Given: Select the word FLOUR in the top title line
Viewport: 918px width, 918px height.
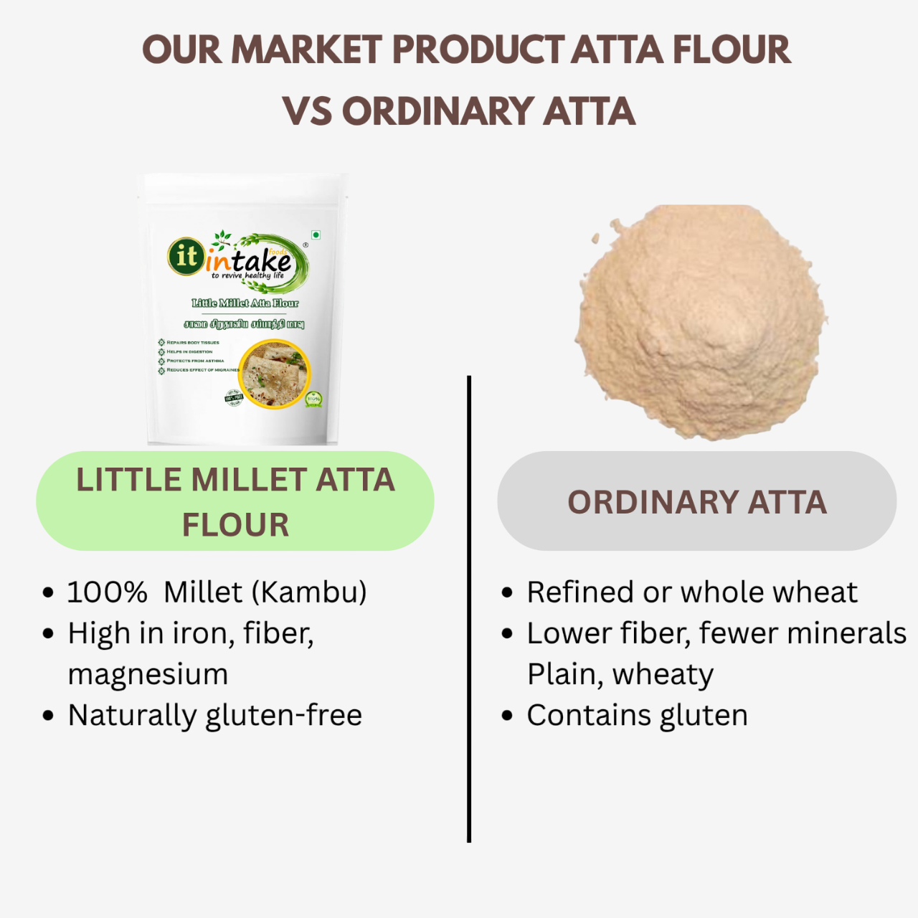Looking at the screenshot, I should (x=731, y=50).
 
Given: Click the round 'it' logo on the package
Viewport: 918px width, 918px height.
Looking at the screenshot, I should (x=186, y=256).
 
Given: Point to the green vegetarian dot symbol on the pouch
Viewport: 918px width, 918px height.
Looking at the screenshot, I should (x=316, y=235).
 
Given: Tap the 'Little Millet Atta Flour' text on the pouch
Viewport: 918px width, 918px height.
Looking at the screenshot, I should (x=245, y=303).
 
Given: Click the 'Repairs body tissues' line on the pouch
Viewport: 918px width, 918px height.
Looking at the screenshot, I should (x=192, y=343).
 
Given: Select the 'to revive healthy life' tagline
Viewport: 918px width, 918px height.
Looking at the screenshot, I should (x=247, y=275).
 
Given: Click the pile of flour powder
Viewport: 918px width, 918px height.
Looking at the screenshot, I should (x=699, y=323).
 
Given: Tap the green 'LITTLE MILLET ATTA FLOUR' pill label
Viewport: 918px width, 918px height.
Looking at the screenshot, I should (x=235, y=501).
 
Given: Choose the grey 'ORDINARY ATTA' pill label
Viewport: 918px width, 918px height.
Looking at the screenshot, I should (x=696, y=501).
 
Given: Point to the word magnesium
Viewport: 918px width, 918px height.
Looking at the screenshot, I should (x=148, y=675).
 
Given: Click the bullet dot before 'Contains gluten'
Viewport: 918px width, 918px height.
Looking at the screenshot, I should (x=508, y=716).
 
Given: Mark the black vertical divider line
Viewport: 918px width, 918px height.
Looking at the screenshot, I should (x=469, y=610).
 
